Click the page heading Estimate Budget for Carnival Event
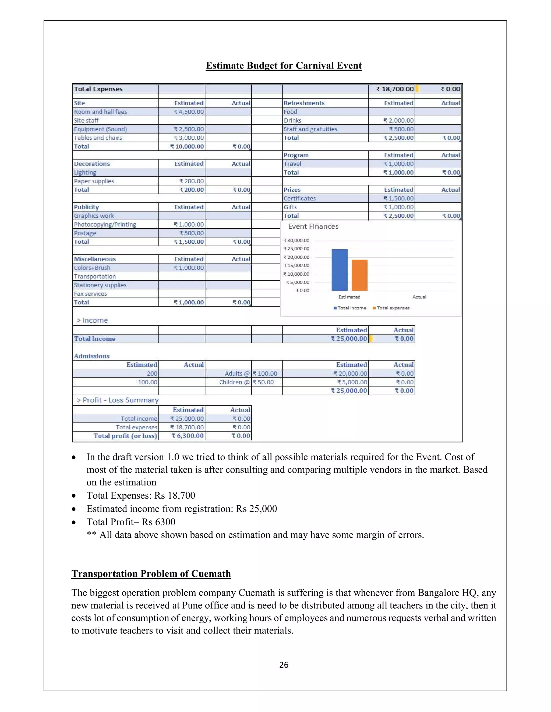(x=283, y=66)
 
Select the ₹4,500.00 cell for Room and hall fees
(x=189, y=112)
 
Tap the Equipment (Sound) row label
(x=100, y=129)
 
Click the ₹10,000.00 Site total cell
(x=187, y=146)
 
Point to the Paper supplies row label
(x=94, y=181)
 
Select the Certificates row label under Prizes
(x=299, y=199)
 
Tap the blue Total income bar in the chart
(x=339, y=270)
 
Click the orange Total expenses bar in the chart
(x=359, y=275)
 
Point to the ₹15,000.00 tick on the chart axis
(x=296, y=266)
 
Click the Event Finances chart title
(x=313, y=226)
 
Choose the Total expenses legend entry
(x=393, y=308)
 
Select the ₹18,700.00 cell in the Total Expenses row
(x=395, y=89)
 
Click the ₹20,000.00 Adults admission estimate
(x=350, y=374)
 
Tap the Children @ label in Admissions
(x=234, y=382)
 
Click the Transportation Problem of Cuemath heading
(x=151, y=574)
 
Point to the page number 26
(x=284, y=665)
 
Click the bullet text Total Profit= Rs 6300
(x=131, y=522)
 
